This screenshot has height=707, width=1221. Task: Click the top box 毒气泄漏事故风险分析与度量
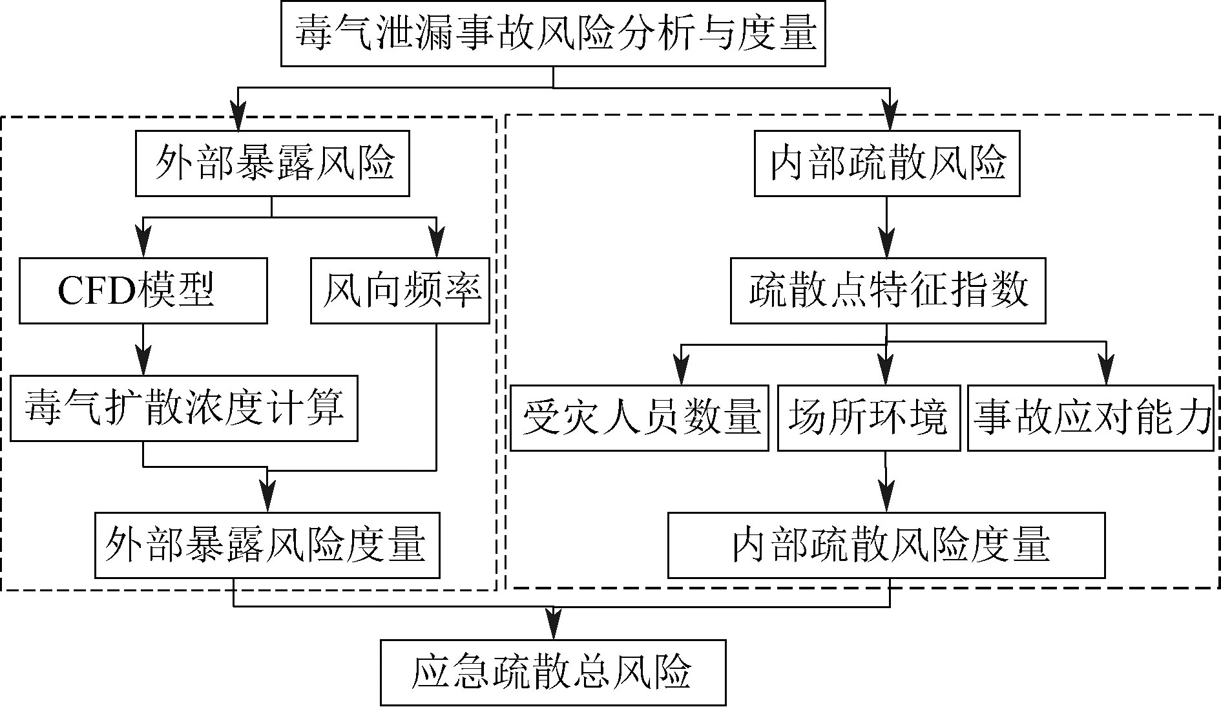click(x=553, y=34)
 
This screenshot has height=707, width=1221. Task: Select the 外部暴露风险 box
click(x=272, y=164)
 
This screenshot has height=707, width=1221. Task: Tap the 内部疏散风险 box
click(x=887, y=164)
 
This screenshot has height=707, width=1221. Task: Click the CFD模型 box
click(x=143, y=291)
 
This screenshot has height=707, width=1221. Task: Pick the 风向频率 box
click(x=400, y=291)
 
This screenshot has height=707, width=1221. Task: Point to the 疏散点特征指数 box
click(x=888, y=291)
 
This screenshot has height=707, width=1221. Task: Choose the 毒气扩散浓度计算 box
click(x=184, y=408)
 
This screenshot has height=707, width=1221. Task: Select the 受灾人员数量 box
click(x=639, y=418)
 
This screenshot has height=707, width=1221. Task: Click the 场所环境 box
click(x=868, y=418)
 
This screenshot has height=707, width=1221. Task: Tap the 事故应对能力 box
click(x=1091, y=418)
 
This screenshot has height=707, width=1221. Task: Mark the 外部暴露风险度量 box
click(x=267, y=545)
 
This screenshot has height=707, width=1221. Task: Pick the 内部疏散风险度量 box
click(x=886, y=545)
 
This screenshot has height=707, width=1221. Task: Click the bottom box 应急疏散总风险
click(x=553, y=673)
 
